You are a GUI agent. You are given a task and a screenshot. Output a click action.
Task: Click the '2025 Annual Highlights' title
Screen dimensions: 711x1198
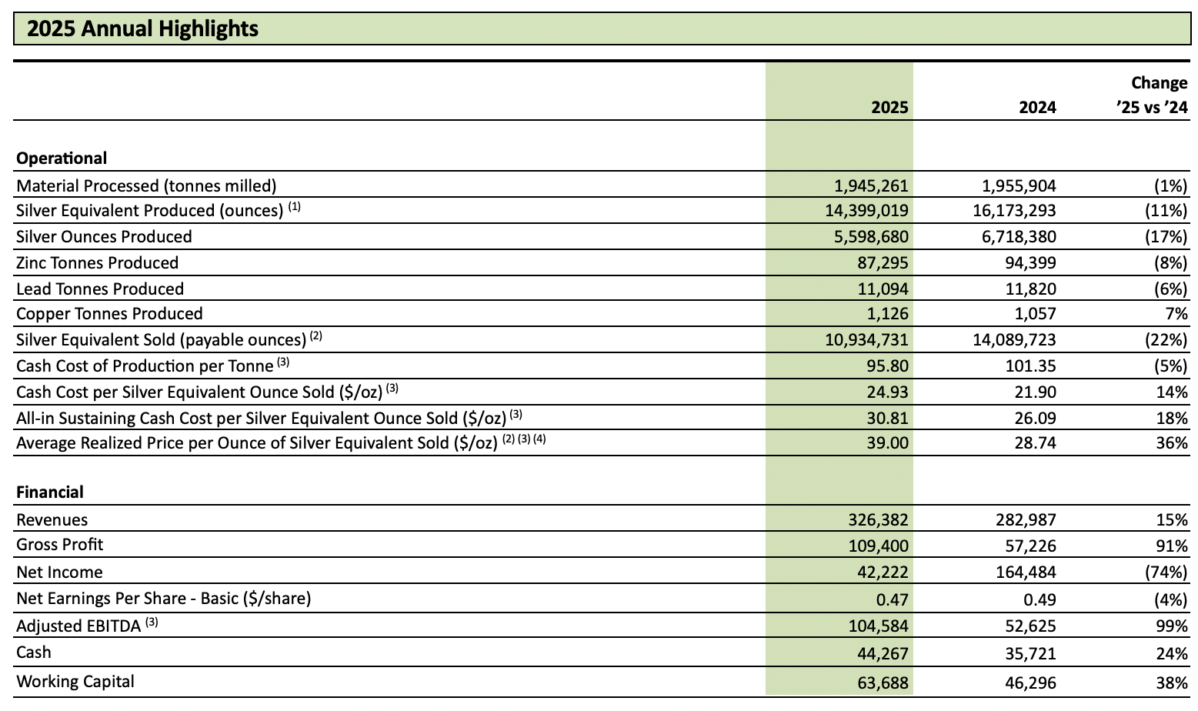[142, 29]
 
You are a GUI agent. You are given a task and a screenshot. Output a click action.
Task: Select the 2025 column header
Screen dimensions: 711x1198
[889, 107]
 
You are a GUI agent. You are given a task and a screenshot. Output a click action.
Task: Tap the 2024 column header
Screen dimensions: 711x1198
[1037, 107]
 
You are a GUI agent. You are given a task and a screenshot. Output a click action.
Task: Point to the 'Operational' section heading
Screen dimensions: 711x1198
[62, 159]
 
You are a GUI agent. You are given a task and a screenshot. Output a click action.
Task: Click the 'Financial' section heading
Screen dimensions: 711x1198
[50, 492]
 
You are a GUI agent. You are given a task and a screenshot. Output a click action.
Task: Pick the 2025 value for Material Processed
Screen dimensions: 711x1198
[871, 185]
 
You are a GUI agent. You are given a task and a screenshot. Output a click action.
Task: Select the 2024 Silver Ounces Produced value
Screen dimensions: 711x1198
[1019, 237]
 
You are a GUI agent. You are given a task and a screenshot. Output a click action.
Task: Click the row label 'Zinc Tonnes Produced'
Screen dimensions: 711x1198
[97, 263]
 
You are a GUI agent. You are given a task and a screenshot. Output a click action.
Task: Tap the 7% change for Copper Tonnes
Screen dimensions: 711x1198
[1176, 314]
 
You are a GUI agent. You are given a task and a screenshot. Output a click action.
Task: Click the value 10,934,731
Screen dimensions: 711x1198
[866, 340]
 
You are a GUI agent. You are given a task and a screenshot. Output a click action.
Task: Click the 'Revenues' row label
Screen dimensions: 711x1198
[52, 520]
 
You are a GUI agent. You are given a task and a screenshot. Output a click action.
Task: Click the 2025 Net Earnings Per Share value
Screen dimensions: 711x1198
[893, 599]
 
